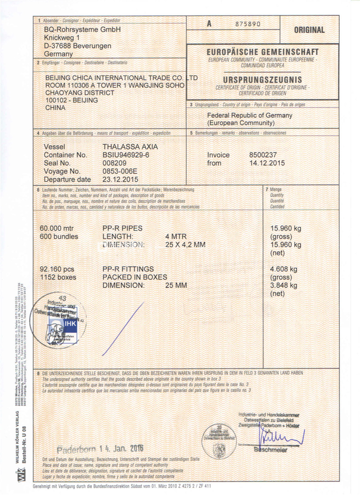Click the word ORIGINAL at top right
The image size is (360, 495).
(309, 30)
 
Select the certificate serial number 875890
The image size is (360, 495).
(247, 24)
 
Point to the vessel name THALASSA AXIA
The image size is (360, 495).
(130, 147)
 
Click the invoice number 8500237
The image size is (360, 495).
(263, 155)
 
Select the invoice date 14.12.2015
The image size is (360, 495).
(267, 163)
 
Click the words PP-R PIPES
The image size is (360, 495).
(122, 228)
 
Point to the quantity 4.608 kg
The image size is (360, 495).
(283, 269)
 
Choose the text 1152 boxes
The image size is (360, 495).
(58, 277)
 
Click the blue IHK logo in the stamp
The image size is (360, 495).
(71, 323)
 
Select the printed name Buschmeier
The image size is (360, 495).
(270, 450)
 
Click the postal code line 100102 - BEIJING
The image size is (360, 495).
(72, 100)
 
